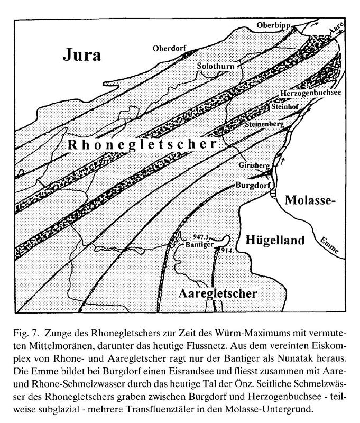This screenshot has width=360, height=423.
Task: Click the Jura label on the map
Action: pos(82,54)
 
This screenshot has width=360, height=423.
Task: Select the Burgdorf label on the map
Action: pos(253,186)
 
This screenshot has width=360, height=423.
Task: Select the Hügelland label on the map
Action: pos(275,241)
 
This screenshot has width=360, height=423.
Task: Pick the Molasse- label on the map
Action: pos(310,201)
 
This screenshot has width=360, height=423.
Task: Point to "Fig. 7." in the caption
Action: pos(25,335)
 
